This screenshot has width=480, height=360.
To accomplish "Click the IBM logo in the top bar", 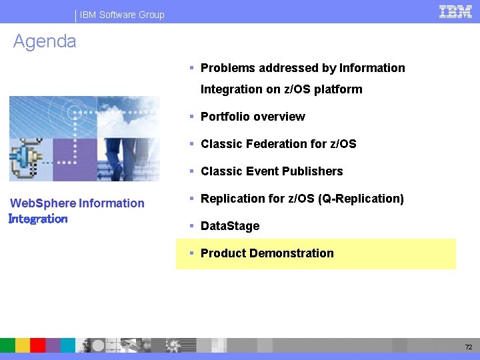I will [455, 11].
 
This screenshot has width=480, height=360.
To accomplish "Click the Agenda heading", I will [45, 41].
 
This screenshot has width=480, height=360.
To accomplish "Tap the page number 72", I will [469, 347].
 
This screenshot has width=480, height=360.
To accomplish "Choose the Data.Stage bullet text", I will [230, 226].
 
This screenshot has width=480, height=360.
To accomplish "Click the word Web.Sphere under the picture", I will [43, 203].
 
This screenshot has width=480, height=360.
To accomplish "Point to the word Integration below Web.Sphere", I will [38, 219].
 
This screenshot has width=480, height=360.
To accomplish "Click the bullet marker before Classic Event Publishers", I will [191, 171].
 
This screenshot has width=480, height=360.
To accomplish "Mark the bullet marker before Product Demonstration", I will [191, 253].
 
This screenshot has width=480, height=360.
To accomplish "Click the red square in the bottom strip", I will [37, 345].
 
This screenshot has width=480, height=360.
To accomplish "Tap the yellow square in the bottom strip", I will [23, 345].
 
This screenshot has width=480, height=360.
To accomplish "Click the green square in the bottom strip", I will [7, 345].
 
